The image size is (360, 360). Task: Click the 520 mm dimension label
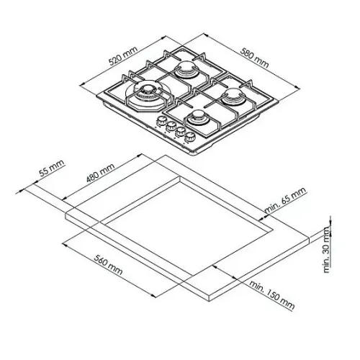click(123, 55)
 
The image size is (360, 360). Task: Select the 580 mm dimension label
click(254, 58)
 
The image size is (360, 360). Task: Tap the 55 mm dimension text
click(52, 168)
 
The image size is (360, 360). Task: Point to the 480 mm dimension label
click(100, 173)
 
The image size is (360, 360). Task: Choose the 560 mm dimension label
click(108, 265)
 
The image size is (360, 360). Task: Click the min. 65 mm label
click(286, 199)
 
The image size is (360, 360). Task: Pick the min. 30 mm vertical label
click(327, 250)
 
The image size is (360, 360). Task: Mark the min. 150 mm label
click(272, 294)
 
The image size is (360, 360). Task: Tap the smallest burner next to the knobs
click(197, 117)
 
